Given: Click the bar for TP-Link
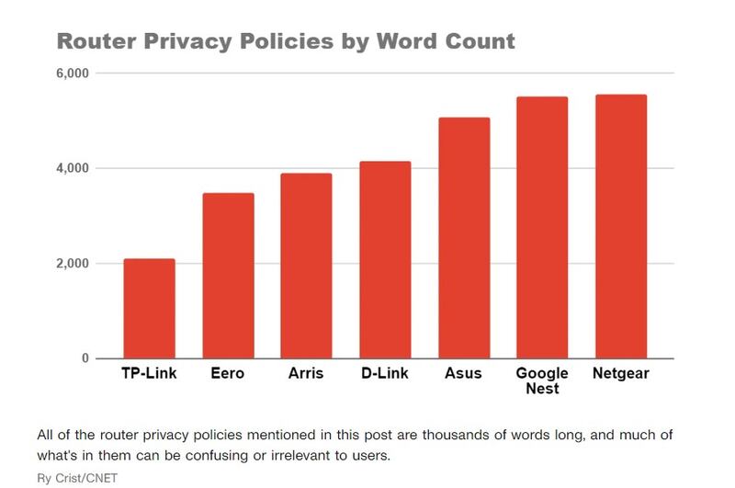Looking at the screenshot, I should pyautogui.click(x=149, y=309).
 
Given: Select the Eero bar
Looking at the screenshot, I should pyautogui.click(x=228, y=276).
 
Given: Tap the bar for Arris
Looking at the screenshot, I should pyautogui.click(x=306, y=266).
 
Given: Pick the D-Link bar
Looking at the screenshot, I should pyautogui.click(x=385, y=260).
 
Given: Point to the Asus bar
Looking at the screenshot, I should pyautogui.click(x=464, y=238).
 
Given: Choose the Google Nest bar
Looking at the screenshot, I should pyautogui.click(x=542, y=228).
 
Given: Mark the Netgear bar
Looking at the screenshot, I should pyautogui.click(x=621, y=227).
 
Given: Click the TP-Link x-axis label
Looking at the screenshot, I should pyautogui.click(x=149, y=374).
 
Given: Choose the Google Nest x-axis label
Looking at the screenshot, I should pyautogui.click(x=542, y=381).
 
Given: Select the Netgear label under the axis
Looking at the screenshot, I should pyautogui.click(x=621, y=374).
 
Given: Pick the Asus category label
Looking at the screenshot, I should pyautogui.click(x=464, y=374).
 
